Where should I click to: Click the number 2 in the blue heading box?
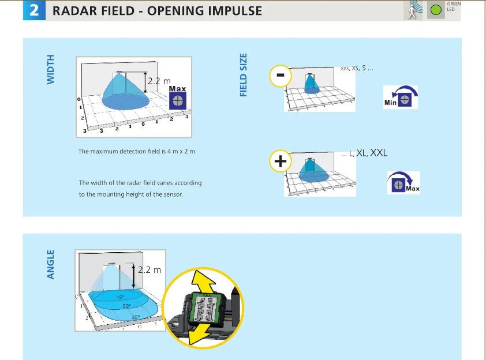pos(33,10)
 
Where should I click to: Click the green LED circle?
pos(436,9)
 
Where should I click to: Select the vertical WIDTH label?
pos(50,69)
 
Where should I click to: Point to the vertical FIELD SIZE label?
pos(243,75)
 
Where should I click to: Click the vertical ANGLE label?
pos(50,264)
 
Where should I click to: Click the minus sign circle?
pos(280,76)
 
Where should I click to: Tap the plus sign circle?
pos(281,161)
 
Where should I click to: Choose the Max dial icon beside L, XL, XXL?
pos(398,184)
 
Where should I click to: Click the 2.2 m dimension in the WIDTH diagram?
pos(159,81)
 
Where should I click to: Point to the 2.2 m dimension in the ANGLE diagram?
pos(149,269)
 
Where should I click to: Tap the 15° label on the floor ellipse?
pos(120,298)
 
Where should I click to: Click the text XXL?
pos(379,153)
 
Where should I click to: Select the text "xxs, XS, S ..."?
pos(357,68)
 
